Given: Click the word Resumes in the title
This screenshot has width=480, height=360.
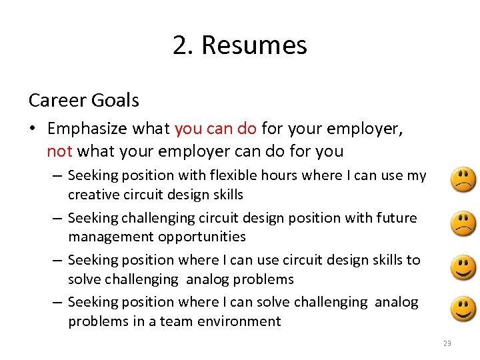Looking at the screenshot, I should coord(253,45).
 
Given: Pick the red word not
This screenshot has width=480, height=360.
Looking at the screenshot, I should coord(59,151).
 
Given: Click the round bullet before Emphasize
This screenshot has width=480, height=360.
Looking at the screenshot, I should coord(34,129).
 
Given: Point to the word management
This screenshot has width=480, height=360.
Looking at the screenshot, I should coord(111,237).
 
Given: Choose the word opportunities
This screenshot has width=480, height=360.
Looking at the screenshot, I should coord(202,237).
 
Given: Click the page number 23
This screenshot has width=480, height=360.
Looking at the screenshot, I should coord(447,343).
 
